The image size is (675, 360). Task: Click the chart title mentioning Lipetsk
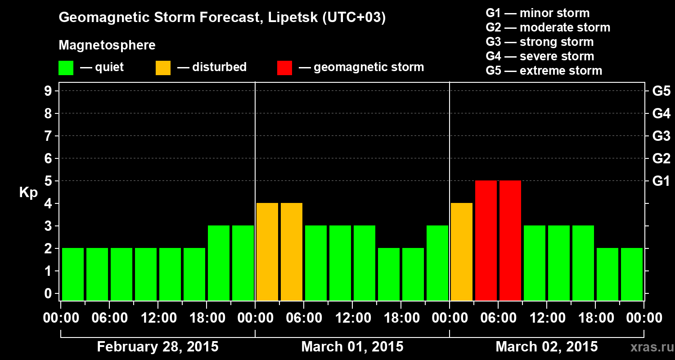[x=222, y=18]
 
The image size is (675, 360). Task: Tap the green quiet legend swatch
[x=66, y=67]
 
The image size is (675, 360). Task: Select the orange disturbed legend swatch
[x=163, y=67]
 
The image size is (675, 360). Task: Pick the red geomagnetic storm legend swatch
[x=284, y=67]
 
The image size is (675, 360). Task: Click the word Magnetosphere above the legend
[x=107, y=45]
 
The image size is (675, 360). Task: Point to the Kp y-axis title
[x=28, y=193]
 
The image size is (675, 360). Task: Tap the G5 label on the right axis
[x=661, y=91]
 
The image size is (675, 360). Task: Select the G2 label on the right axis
[x=661, y=158]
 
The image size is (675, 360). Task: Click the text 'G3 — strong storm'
[x=540, y=42]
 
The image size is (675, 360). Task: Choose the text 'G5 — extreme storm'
[x=544, y=71]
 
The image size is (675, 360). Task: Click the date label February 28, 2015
[x=157, y=347]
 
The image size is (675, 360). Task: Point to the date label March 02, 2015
[x=547, y=347]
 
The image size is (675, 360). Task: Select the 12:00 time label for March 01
[x=353, y=318]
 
